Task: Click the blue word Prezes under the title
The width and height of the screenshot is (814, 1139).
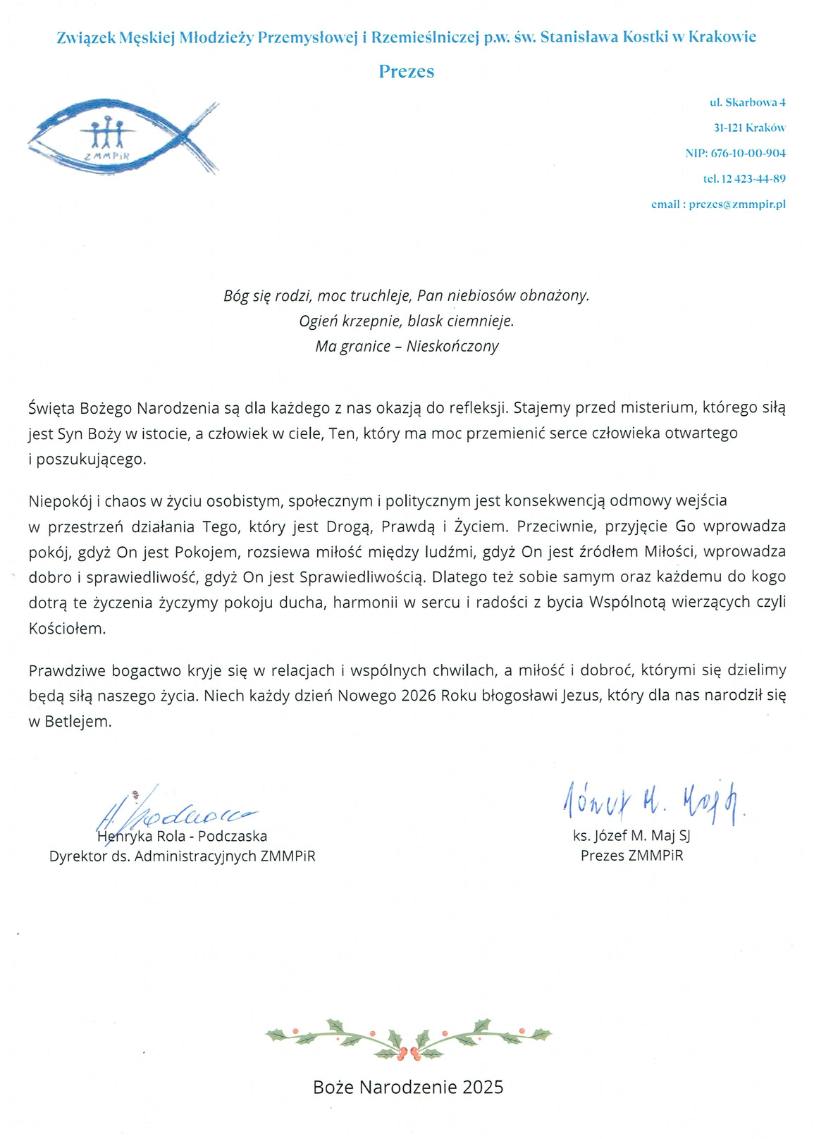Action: pyautogui.click(x=407, y=71)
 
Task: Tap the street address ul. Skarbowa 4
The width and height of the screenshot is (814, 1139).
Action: pyautogui.click(x=747, y=102)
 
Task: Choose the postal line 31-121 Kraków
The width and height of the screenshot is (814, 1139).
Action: pyautogui.click(x=749, y=128)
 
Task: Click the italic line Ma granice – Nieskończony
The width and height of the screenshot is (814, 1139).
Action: pyautogui.click(x=407, y=346)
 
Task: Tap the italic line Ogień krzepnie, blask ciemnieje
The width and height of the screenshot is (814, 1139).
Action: pyautogui.click(x=407, y=321)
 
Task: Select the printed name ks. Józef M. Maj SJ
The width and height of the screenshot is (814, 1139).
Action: pyautogui.click(x=631, y=836)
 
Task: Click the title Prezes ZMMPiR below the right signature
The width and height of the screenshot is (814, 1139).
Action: pyautogui.click(x=631, y=856)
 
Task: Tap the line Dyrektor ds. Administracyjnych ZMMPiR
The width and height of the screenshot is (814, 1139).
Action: pyautogui.click(x=182, y=856)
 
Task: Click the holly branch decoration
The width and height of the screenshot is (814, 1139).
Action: pyautogui.click(x=408, y=1039)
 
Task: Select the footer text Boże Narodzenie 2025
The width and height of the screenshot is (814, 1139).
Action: pyautogui.click(x=408, y=1087)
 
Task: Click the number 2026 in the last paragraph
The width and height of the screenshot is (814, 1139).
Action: pyautogui.click(x=419, y=696)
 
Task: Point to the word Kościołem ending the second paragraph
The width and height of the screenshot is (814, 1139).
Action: pyautogui.click(x=66, y=629)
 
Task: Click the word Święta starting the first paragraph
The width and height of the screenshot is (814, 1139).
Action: pyautogui.click(x=51, y=408)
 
